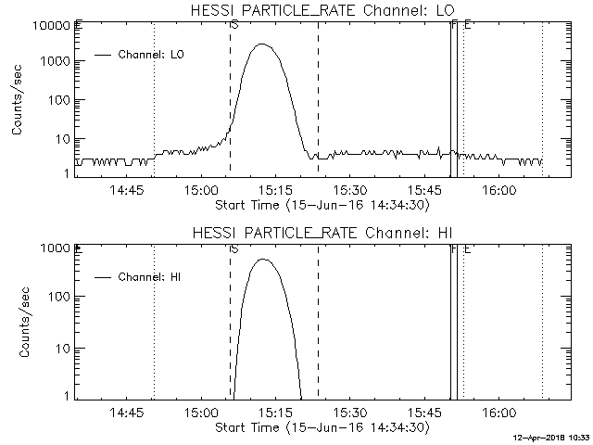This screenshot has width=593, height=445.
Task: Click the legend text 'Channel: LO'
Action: pos(152,55)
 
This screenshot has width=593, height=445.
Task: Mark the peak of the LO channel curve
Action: pos(263,44)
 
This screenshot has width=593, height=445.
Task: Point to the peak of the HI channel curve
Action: pos(264,260)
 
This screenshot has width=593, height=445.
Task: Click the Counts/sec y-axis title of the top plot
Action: pos(18,98)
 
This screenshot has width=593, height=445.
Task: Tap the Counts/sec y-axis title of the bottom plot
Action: pos(18,321)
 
